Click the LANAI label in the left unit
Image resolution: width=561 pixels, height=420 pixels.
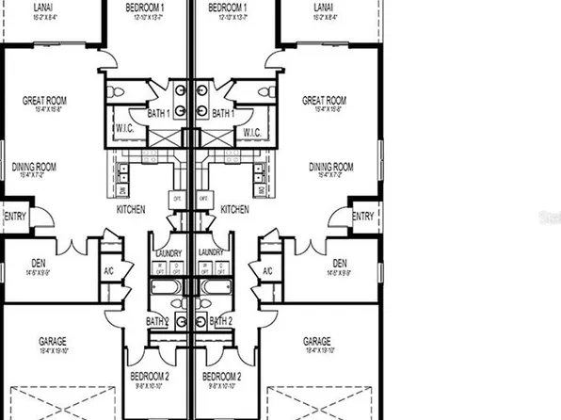click(x=42, y=7)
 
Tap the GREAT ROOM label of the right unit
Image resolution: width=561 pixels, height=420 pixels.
click(x=325, y=99)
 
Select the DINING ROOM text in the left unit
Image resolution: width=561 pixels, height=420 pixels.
click(x=34, y=167)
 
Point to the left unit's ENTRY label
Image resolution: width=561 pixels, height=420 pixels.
click(x=15, y=217)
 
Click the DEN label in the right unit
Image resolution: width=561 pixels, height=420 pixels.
click(x=340, y=262)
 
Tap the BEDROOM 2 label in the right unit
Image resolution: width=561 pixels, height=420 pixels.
click(x=222, y=376)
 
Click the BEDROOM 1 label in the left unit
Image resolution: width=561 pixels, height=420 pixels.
click(x=146, y=7)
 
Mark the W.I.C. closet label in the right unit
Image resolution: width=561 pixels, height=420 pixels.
click(x=251, y=133)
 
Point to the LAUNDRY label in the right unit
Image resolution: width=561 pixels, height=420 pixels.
click(x=212, y=252)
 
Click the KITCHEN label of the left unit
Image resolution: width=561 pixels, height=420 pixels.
click(x=130, y=208)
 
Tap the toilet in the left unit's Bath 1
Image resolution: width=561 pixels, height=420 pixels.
click(x=117, y=91)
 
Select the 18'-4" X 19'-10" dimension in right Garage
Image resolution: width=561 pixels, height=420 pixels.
click(x=316, y=351)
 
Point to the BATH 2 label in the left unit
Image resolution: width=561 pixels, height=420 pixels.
click(x=157, y=322)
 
